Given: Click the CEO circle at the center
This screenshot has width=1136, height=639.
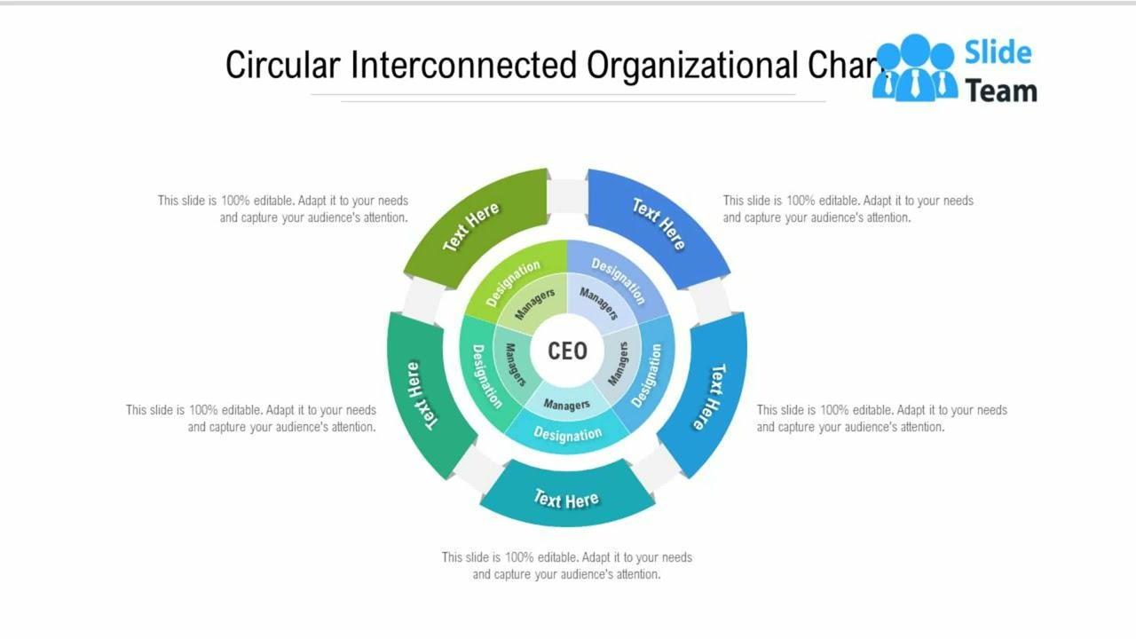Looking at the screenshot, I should (x=567, y=351).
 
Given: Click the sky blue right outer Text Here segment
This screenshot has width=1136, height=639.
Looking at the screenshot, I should (x=710, y=396).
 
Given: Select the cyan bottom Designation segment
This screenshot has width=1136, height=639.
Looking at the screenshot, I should (x=567, y=435).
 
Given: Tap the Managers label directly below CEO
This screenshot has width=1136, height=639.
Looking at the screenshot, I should (x=567, y=405).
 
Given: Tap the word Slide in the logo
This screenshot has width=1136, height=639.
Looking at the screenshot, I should (x=998, y=52).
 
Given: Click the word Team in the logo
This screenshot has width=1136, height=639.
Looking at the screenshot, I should (x=1001, y=90).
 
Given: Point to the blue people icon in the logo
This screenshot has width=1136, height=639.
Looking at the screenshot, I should (x=914, y=67).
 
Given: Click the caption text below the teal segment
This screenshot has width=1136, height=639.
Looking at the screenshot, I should (x=567, y=565).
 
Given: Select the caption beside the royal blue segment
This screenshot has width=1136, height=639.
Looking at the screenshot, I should (x=848, y=209).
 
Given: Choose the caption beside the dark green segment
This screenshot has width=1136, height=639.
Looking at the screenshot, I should (x=283, y=209).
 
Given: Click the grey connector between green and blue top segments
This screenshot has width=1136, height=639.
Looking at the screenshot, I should (x=567, y=196).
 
